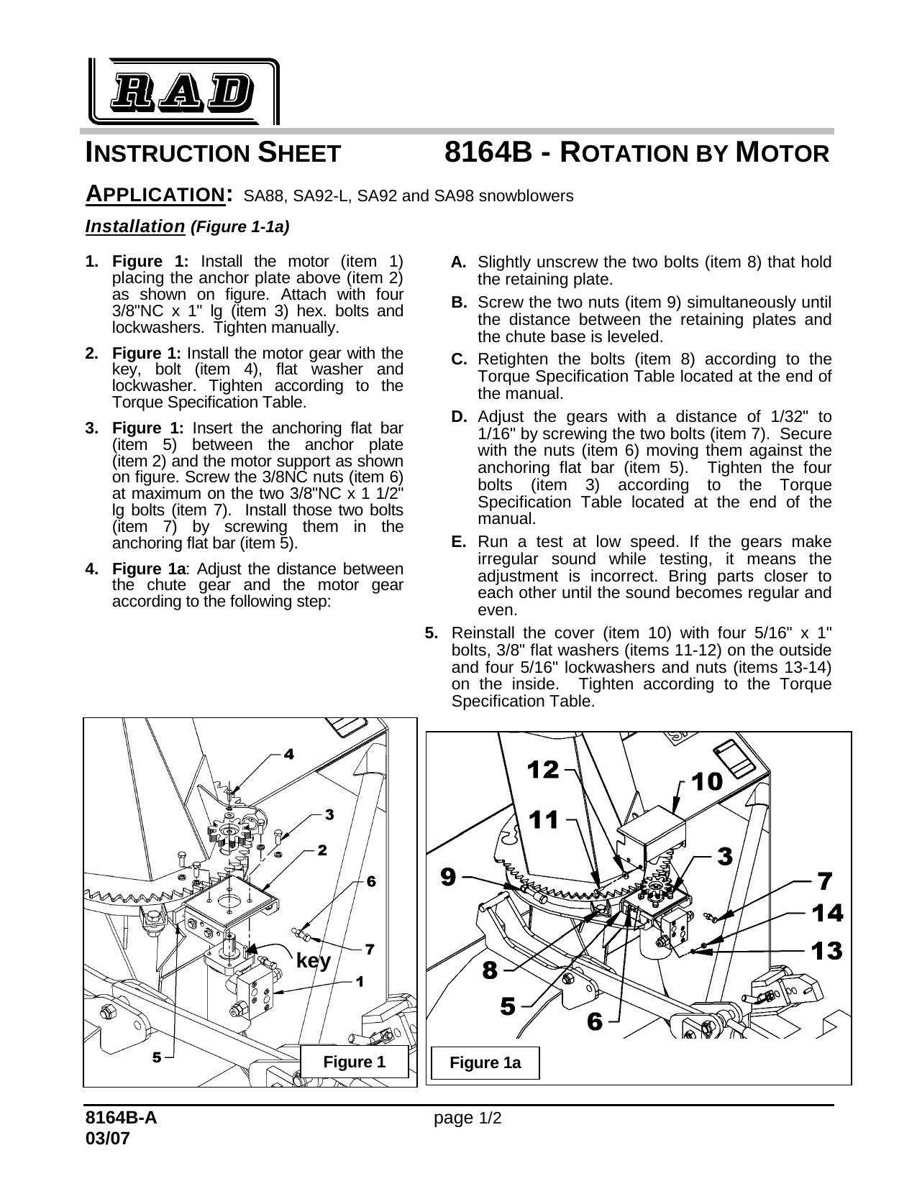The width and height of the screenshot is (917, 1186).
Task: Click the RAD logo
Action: pos(184,91)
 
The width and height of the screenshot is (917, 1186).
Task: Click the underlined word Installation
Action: pos(135,227)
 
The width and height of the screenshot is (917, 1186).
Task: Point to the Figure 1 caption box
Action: pos(355,1062)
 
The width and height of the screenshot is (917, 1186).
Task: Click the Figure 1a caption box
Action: pos(485,1063)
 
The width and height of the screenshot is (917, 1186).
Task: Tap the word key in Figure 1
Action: pos(314,961)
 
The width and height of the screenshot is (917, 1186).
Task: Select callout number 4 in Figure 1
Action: pos(288,754)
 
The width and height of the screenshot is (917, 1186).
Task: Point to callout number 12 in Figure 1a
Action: pos(543,771)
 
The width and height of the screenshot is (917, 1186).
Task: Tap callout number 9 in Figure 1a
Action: pos(448,876)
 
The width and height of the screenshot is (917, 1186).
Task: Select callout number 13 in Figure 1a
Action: pos(827,951)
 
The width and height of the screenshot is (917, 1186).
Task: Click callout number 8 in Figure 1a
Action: pos(490,970)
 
